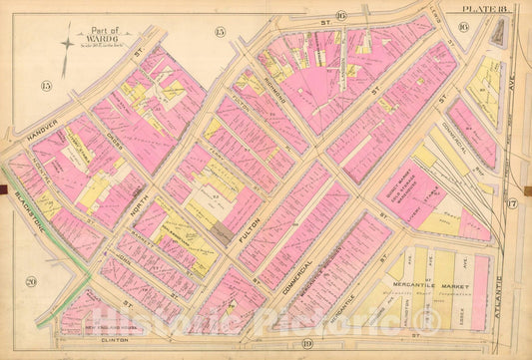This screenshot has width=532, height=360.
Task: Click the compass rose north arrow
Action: tap(67, 44)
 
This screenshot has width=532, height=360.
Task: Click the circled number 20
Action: tap(31, 283)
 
